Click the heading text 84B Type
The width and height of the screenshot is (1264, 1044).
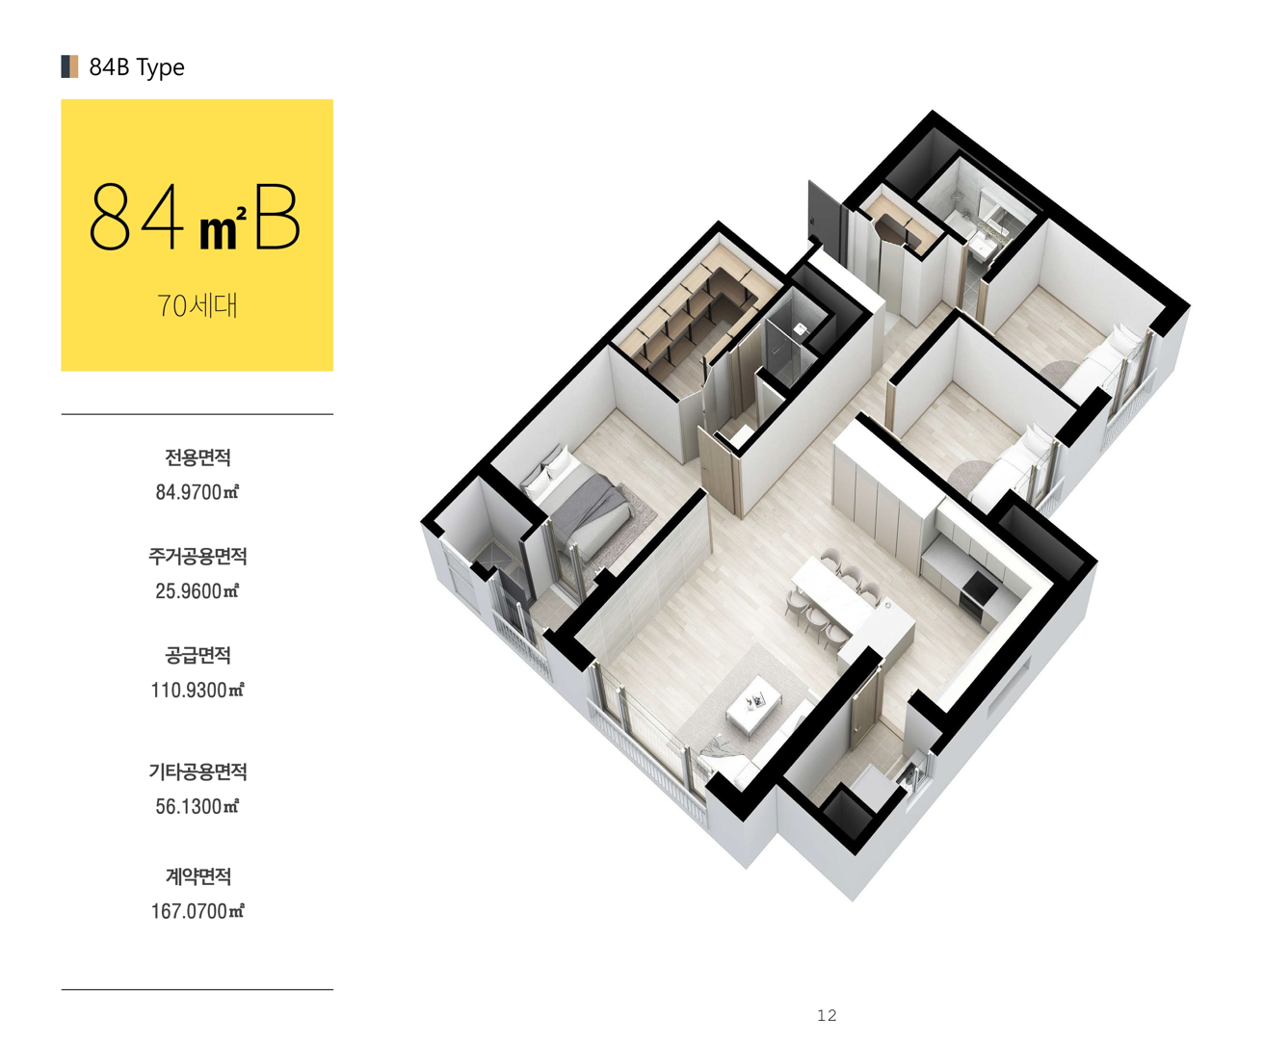coord(136,67)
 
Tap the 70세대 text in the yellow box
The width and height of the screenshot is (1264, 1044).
coord(197,305)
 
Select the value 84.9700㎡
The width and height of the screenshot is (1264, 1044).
coord(197,492)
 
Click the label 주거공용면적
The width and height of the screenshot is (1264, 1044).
coord(197,557)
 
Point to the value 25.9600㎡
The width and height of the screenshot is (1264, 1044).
coord(197,590)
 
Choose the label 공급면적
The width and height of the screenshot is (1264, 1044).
coord(197,655)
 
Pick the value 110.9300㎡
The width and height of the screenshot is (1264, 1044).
coord(197,690)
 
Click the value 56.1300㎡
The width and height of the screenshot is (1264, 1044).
coord(197,806)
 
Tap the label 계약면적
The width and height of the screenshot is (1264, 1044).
coord(197,875)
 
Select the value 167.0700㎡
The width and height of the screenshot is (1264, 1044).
coord(197,911)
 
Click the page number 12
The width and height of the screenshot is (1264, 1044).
coord(827,1015)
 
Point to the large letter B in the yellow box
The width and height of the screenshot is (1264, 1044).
coord(277,217)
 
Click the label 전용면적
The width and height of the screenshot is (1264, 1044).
coord(197,457)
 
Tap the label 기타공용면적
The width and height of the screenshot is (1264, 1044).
coord(197,771)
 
